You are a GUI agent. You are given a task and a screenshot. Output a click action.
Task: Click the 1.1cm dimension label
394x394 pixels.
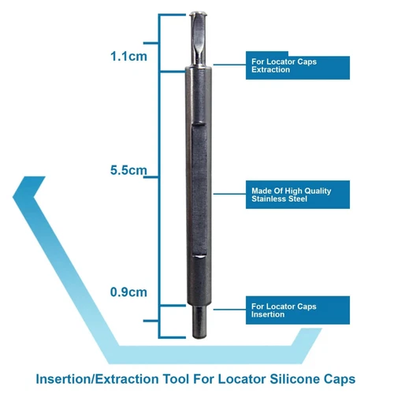[x=128, y=57]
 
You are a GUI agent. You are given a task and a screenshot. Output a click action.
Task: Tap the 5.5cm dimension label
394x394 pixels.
[x=128, y=170]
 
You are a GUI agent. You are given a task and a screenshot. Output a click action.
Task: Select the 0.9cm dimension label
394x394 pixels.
[x=128, y=292]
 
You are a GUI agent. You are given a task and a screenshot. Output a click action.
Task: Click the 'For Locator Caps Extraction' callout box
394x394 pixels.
[x=298, y=65]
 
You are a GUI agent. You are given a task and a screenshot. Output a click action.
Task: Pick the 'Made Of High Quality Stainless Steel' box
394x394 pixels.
[x=298, y=195]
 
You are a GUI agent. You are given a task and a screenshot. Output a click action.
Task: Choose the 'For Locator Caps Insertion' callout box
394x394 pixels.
[x=298, y=310]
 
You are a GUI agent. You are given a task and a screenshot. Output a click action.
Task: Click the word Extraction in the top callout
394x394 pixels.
[x=270, y=69]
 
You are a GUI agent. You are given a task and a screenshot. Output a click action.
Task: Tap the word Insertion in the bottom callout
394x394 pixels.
[x=268, y=314]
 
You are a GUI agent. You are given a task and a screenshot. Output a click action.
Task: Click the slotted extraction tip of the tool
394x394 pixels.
[x=198, y=39]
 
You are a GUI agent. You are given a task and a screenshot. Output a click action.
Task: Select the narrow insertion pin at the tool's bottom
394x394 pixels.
[x=199, y=322]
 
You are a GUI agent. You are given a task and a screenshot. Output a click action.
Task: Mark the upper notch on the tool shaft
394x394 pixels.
[x=199, y=124]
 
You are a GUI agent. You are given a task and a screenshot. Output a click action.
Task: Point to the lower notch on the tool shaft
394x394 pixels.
[x=199, y=255]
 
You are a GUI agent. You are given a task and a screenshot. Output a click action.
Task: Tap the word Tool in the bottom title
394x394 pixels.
[x=176, y=379]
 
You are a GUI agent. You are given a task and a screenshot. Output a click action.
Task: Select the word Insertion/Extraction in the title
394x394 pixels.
[x=97, y=379]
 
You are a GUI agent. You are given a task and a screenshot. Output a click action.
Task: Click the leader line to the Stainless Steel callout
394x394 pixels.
[x=229, y=194]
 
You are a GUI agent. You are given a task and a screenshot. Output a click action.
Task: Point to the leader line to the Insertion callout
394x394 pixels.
[x=229, y=310]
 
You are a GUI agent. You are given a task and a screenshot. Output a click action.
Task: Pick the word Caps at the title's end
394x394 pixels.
[x=340, y=380]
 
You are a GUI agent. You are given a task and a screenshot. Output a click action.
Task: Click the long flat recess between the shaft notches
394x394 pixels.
[x=199, y=189]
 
